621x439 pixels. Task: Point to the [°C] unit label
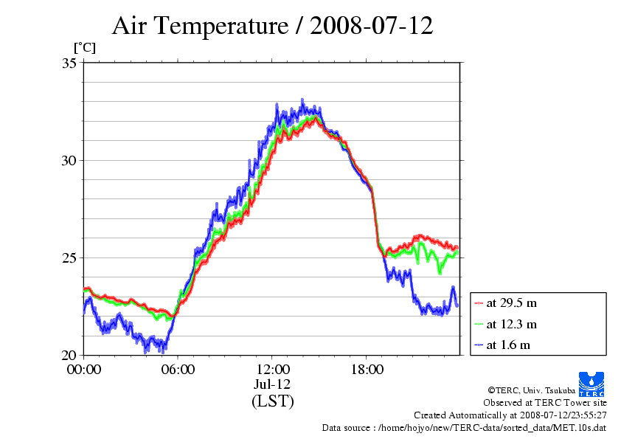coord(84,48)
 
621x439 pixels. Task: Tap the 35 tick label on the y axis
coord(69,63)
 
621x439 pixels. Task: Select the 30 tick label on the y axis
coord(69,160)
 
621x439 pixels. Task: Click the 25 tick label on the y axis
coord(69,257)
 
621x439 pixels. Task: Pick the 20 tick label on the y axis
coord(69,355)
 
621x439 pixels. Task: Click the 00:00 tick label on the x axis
coord(84,369)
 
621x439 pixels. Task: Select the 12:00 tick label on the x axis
coord(273,369)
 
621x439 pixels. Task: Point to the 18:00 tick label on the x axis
coord(367,369)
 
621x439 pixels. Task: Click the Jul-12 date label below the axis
coord(272,384)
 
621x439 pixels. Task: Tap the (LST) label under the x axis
coord(272,402)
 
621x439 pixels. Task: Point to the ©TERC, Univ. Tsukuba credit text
coord(532,390)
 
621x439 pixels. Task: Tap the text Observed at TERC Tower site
coord(545,403)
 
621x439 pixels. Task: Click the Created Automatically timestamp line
coord(510,415)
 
